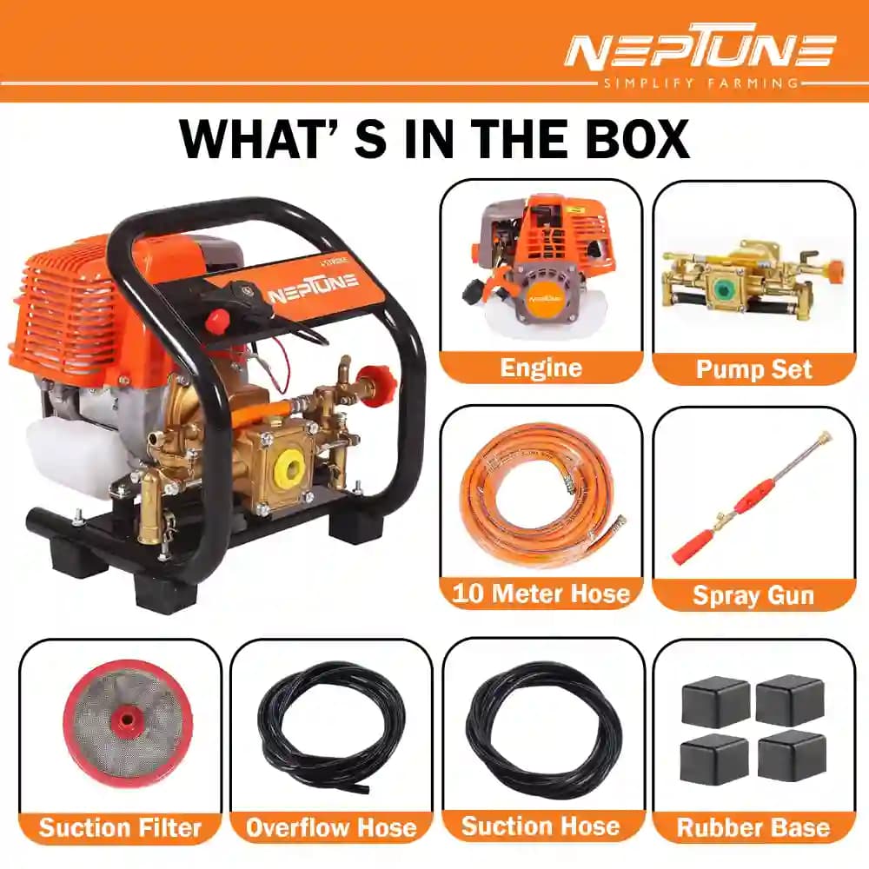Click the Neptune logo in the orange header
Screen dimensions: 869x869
699,51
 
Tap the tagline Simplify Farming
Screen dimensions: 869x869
699,83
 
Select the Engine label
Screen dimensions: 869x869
541,368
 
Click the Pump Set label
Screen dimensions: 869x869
753,368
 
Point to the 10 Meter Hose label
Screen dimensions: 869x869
541,594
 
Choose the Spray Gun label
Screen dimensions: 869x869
753,595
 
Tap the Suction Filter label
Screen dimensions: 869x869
120,826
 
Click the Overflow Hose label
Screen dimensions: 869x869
331,826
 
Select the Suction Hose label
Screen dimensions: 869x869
542,826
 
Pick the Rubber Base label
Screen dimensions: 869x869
753,826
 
